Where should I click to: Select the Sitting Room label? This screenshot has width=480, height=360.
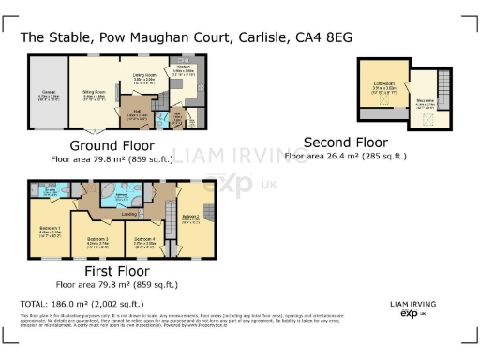[94, 92]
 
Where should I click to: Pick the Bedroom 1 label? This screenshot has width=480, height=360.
[51, 230]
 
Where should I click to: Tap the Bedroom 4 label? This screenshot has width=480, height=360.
[143, 239]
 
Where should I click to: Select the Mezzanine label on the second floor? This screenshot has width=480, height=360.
[425, 102]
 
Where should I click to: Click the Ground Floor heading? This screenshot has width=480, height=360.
[113, 145]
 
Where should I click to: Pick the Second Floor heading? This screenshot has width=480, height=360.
[344, 142]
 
